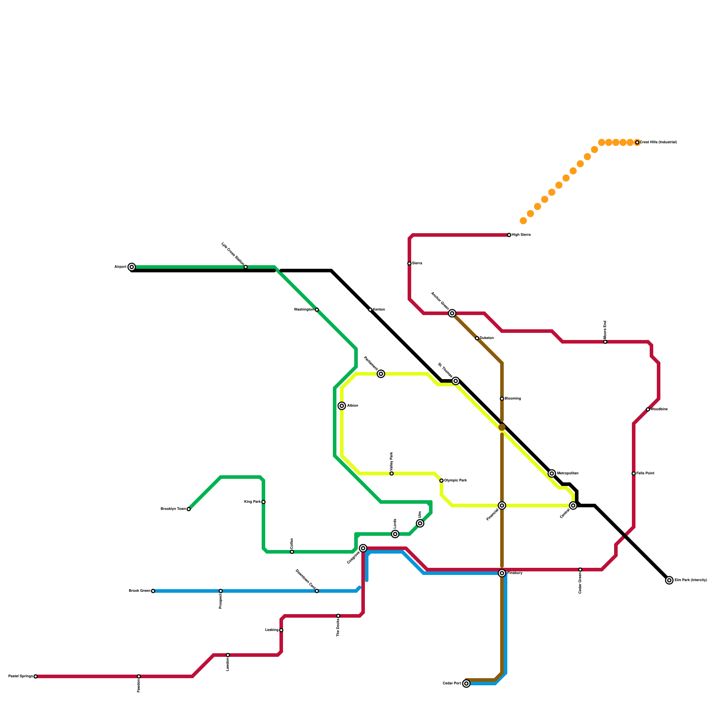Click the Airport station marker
(x=132, y=267)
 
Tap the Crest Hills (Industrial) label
(x=658, y=142)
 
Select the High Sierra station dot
(x=509, y=235)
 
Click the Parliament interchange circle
(x=381, y=374)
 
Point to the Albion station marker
(x=342, y=406)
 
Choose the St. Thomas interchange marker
(x=456, y=381)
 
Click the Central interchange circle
(x=573, y=506)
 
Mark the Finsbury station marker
(x=502, y=573)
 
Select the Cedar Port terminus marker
(x=466, y=684)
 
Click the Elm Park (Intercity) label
(x=690, y=580)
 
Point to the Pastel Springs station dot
(x=36, y=676)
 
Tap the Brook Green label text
(x=139, y=591)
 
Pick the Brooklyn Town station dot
(x=189, y=509)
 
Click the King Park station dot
(x=263, y=502)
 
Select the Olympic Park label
(x=455, y=481)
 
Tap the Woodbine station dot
(x=648, y=409)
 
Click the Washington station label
(x=303, y=310)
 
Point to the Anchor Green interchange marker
(x=452, y=313)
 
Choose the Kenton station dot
(x=370, y=310)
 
